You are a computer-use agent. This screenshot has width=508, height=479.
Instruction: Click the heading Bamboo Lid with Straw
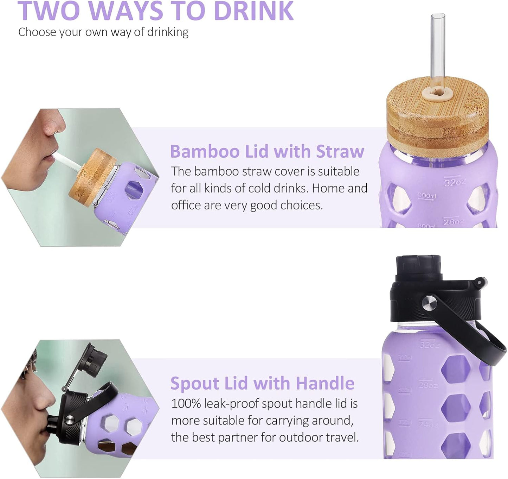(267, 151)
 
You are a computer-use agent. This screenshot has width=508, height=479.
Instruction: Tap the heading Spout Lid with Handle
(262, 383)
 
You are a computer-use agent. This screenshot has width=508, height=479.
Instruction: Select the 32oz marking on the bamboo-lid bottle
(454, 182)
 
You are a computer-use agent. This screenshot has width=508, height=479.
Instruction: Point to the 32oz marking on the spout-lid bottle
(429, 345)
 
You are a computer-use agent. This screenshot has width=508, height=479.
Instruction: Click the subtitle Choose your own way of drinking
(103, 32)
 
